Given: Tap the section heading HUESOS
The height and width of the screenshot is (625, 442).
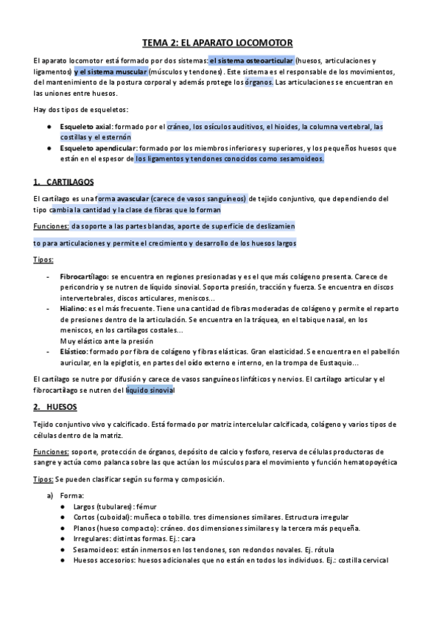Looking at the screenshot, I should point(62,407).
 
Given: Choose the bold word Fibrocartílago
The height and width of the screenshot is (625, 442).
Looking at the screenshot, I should point(83,275).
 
